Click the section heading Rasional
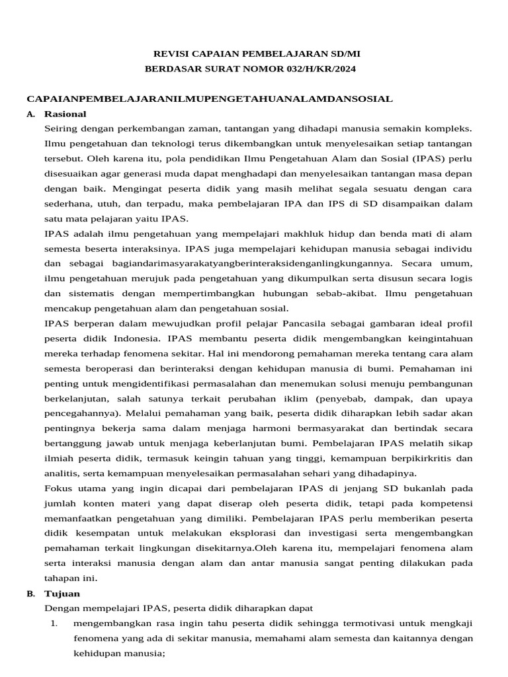[65, 114]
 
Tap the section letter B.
[30, 594]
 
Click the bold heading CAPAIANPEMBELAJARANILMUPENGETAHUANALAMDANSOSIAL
[209, 99]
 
